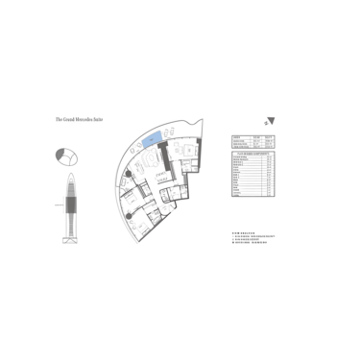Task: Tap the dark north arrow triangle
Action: coord(271,121)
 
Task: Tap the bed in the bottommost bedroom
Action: coord(140,228)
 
